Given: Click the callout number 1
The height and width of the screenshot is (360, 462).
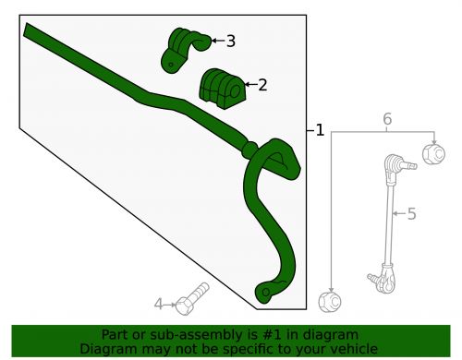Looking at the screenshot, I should tap(320, 131).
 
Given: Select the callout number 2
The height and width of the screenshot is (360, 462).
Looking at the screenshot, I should tap(262, 86).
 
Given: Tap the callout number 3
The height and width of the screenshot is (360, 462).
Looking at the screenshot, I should tap(230, 41).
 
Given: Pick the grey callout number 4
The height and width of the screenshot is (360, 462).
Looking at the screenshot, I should tap(158, 304).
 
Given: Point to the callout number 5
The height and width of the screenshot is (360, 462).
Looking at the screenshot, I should tap(411, 214).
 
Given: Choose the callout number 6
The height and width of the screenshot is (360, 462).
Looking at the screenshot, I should tap(387, 119).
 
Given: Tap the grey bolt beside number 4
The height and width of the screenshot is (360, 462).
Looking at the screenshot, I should tap(193, 296).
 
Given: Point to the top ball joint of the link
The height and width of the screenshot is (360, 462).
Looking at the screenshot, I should tap(394, 164).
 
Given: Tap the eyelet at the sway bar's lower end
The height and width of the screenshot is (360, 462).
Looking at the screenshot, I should tap(265, 294).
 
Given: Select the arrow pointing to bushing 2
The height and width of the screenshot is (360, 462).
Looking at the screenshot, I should tap(249, 86).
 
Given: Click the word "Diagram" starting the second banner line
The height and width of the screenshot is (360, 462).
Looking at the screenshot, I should tap(108, 348).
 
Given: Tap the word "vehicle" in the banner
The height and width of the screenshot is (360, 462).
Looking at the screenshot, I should tap(355, 348).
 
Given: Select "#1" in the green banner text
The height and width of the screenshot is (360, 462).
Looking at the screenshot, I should tap(252, 334).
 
